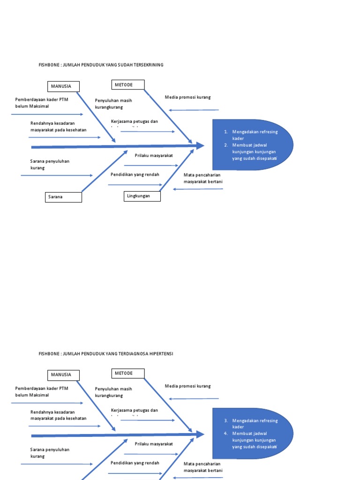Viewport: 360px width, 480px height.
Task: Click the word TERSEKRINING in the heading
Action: coord(148,65)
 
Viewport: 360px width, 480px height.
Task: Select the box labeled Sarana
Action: coord(64,197)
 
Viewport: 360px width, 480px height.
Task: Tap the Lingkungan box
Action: coord(142,196)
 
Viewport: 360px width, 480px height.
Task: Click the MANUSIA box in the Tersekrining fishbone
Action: coord(63,86)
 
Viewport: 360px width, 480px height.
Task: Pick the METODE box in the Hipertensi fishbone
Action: coord(128,374)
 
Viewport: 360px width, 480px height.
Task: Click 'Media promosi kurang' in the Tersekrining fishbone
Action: coord(187,97)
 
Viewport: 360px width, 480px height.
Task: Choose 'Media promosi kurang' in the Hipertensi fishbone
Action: coord(187,386)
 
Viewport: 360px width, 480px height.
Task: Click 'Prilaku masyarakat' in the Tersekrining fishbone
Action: coord(154,155)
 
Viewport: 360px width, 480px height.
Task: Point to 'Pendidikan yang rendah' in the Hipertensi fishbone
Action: coord(135,463)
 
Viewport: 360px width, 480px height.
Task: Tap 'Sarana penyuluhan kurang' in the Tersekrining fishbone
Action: coord(50,164)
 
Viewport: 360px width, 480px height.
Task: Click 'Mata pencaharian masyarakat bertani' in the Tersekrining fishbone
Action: coord(203,178)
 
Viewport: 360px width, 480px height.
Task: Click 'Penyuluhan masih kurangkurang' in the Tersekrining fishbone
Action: coord(113,104)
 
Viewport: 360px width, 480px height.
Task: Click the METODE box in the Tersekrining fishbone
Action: coord(128,85)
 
